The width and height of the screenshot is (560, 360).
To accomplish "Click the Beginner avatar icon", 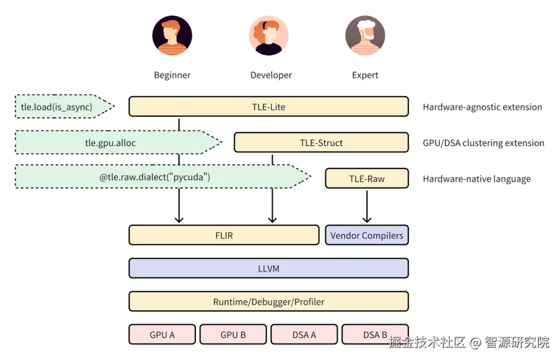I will pos(172,36).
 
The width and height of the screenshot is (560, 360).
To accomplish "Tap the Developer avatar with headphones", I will pos(269,36).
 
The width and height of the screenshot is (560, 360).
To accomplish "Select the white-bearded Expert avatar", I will pos(365,36).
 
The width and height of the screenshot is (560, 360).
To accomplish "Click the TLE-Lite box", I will pos(269,107).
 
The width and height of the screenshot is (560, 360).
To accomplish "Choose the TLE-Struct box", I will pos(321,143).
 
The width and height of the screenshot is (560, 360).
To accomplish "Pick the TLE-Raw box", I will pos(367,178).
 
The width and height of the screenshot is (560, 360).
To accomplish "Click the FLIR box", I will pos(223,235).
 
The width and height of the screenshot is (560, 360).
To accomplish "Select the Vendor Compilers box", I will pos(367,235).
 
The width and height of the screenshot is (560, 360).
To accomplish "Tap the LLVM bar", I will pos(269,269).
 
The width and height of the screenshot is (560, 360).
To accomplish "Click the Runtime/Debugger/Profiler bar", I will pos(269,301).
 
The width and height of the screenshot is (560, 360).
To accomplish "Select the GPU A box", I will pos(162,335).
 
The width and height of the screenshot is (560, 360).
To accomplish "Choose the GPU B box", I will pos(233,335).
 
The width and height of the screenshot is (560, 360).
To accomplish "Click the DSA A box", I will pos(304,335).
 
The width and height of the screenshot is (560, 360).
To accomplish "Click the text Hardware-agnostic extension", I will pos(482,107).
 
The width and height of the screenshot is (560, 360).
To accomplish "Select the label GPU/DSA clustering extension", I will pos(483,143).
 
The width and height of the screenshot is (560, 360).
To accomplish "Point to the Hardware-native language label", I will pos(477,179).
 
